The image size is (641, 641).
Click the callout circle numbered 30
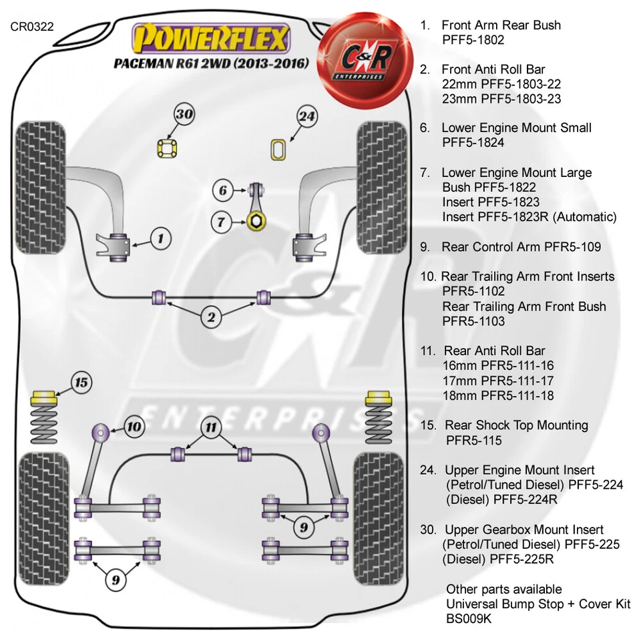[184, 114]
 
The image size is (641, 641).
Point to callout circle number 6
[223, 190]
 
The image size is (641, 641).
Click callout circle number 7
[221, 221]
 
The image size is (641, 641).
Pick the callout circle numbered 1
[161, 237]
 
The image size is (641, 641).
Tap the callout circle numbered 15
[81, 383]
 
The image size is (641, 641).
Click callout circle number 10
[134, 426]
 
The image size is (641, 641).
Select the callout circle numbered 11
[211, 427]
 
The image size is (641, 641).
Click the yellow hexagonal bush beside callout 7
[255, 221]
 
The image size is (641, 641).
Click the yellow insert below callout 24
[278, 149]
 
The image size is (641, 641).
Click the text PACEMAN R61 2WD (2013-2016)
[210, 64]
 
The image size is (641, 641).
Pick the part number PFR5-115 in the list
[473, 441]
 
